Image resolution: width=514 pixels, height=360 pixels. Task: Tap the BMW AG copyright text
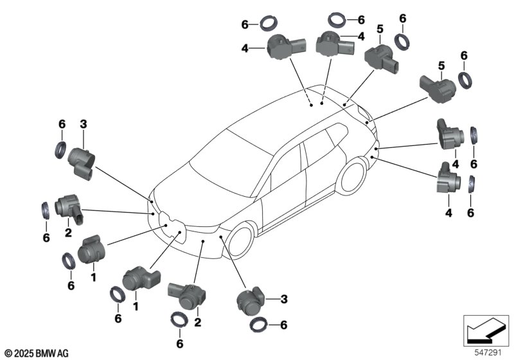point(36,352)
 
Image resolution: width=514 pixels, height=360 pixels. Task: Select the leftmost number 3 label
point(82,123)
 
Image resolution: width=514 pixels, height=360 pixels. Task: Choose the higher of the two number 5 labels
point(380,28)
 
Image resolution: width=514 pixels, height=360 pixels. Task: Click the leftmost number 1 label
point(93,278)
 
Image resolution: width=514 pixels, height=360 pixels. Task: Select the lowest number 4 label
point(448,212)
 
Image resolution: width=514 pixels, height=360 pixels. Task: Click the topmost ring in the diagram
point(337,19)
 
